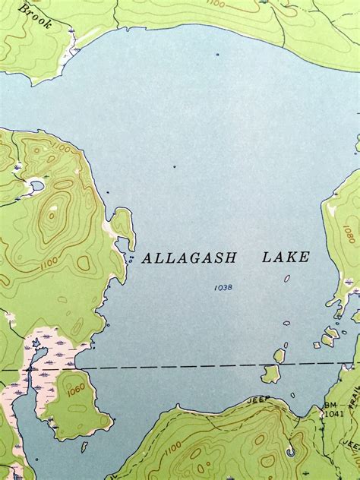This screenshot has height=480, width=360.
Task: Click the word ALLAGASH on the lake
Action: point(189,258)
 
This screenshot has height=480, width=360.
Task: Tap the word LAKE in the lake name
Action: point(286,257)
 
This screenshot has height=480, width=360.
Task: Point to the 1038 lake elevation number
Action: point(223,287)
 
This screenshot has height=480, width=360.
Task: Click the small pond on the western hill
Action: point(36,185)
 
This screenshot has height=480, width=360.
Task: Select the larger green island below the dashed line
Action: point(270,374)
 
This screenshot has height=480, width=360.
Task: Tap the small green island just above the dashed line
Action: point(279,355)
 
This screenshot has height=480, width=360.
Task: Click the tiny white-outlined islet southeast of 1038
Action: point(287,278)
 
